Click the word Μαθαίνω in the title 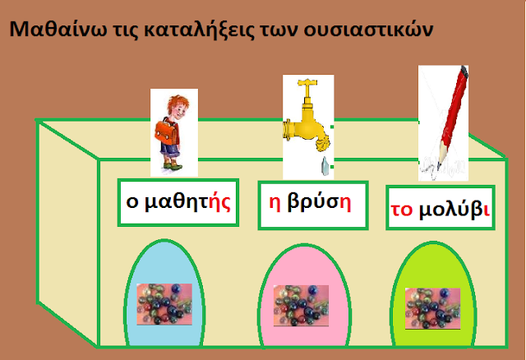click(x=58, y=29)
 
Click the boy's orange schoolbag click(x=166, y=132)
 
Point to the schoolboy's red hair click(x=178, y=103)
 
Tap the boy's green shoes click(x=173, y=166)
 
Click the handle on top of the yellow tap click(x=307, y=82)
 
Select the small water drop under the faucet click(x=324, y=166)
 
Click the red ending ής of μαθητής click(x=219, y=202)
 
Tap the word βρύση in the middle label click(x=319, y=203)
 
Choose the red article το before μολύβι click(x=402, y=210)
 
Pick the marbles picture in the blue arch click(x=164, y=304)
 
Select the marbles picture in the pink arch click(x=301, y=306)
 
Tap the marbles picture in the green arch click(x=433, y=308)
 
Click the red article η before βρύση click(x=275, y=204)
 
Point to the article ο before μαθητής click(x=132, y=202)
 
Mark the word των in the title click(x=279, y=30)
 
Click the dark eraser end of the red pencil click(x=464, y=72)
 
